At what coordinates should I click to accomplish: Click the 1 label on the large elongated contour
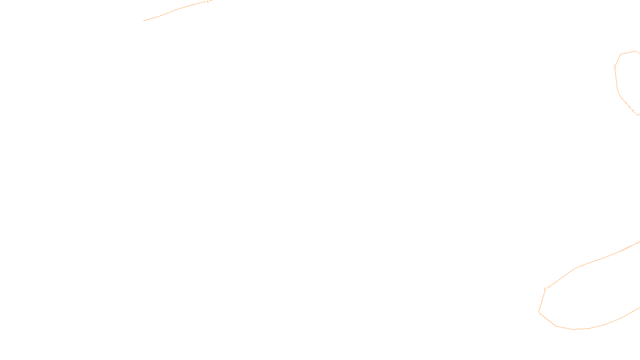click(544, 290)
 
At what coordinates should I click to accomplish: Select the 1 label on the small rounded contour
click(615, 67)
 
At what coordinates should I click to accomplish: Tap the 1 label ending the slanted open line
click(207, 2)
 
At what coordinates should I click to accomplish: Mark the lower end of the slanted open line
click(144, 21)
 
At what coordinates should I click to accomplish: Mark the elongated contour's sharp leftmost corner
click(539, 311)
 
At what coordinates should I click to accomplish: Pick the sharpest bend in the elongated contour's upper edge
click(575, 268)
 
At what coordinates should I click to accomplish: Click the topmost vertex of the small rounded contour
click(636, 51)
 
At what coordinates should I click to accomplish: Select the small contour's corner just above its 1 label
click(621, 54)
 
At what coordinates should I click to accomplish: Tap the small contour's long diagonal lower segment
click(628, 106)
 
